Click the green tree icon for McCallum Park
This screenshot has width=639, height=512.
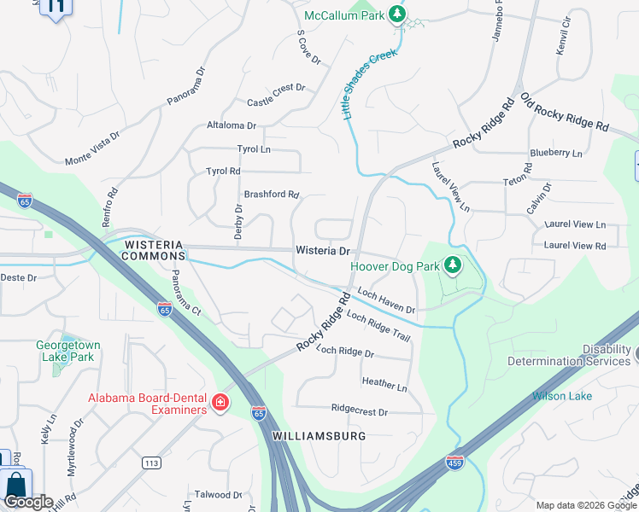pos(396,14)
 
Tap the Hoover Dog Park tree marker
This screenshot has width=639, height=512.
pos(452,266)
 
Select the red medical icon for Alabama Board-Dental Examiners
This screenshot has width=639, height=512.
pos(220,403)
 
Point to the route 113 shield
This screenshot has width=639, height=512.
pos(152,463)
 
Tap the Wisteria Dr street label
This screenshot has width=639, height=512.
pos(323,251)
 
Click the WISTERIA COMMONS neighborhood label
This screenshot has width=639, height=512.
pos(155,249)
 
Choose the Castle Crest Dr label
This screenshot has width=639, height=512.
pos(276,95)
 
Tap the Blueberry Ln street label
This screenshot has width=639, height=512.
pos(555,154)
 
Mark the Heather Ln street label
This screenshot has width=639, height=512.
pos(384,385)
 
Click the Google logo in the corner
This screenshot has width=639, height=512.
pos(27,502)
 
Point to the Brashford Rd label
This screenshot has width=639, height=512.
pos(272,195)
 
